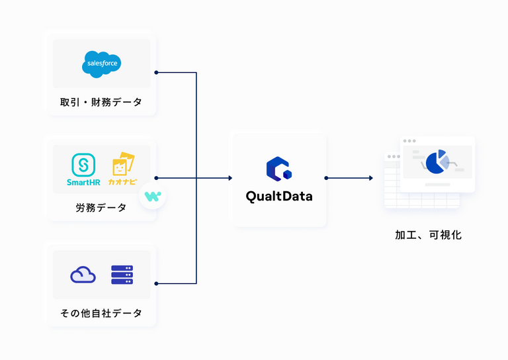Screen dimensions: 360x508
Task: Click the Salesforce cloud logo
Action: tap(101, 64)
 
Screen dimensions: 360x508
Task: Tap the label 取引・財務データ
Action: tap(101, 103)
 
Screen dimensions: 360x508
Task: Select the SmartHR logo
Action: tap(83, 169)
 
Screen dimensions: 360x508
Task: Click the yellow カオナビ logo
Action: tap(121, 169)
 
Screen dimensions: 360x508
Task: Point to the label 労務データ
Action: tap(101, 208)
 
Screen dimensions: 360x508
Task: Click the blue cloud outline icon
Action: tap(83, 275)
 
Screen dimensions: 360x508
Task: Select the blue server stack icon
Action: tap(122, 275)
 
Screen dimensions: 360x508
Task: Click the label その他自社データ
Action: tap(101, 313)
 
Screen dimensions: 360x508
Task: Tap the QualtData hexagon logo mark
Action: tap(278, 169)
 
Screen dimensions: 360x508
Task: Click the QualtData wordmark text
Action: tap(278, 197)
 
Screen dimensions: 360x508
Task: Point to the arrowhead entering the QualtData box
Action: tap(230, 178)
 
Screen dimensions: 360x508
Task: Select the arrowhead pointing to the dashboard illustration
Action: tap(370, 178)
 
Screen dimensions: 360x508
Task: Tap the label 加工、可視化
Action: tap(428, 235)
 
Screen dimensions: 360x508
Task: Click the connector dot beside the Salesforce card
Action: tap(155, 73)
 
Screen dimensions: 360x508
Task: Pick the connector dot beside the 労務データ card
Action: tap(155, 178)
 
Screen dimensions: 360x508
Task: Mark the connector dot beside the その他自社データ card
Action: tap(155, 283)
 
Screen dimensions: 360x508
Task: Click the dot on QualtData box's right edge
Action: tap(325, 178)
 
